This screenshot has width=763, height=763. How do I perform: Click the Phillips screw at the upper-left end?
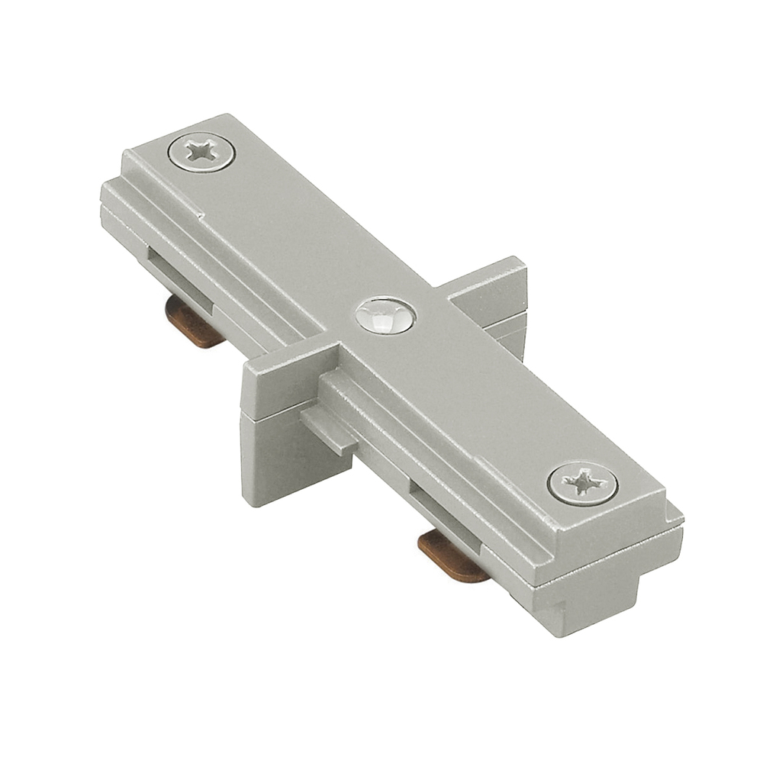pyautogui.click(x=201, y=153)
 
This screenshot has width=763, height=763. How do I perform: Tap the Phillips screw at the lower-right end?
pyautogui.click(x=583, y=482)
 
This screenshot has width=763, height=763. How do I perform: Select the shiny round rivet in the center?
pyautogui.click(x=385, y=314)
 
